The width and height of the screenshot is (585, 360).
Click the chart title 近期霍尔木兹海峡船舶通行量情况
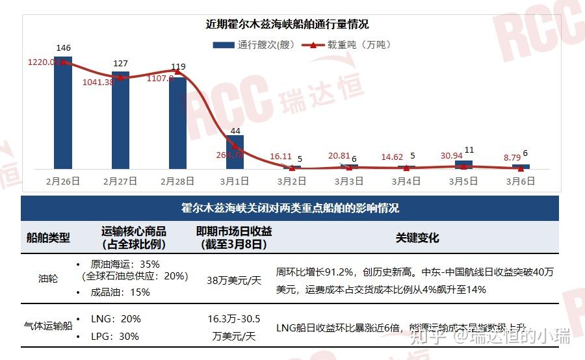pyautogui.click(x=287, y=24)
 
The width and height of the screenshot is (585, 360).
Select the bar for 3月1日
pyautogui.click(x=235, y=152)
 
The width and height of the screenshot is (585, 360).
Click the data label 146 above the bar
pyautogui.click(x=64, y=48)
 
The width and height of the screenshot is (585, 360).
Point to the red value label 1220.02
pyautogui.click(x=45, y=62)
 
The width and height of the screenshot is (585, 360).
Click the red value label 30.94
pyautogui.click(x=451, y=156)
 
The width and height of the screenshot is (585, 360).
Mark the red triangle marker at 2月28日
pyautogui.click(x=177, y=72)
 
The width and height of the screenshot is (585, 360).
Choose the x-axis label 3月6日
pyautogui.click(x=521, y=181)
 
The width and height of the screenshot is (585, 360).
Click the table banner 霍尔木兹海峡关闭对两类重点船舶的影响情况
pyautogui.click(x=290, y=209)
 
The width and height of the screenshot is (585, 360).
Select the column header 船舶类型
pyautogui.click(x=48, y=238)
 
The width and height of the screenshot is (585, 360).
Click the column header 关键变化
pyautogui.click(x=417, y=238)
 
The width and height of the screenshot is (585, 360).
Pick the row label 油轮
pyautogui.click(x=48, y=278)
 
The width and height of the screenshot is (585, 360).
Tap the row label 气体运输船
pyautogui.click(x=47, y=326)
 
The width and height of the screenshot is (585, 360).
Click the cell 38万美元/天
pyautogui.click(x=234, y=281)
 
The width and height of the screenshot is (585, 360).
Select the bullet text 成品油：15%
pyautogui.click(x=120, y=292)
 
